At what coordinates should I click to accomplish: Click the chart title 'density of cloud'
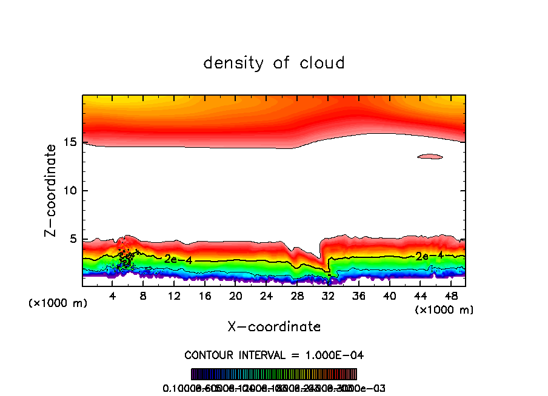click(274, 63)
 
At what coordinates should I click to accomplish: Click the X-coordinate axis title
click(274, 327)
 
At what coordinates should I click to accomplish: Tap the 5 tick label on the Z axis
click(71, 239)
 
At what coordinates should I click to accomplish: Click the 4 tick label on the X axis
click(113, 296)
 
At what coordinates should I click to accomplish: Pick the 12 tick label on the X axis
click(174, 296)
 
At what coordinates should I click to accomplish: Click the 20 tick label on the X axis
click(235, 296)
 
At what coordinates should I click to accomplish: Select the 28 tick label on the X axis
click(297, 296)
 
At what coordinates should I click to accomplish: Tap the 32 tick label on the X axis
click(328, 296)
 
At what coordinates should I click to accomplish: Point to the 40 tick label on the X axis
click(389, 296)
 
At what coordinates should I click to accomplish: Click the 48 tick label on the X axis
click(450, 296)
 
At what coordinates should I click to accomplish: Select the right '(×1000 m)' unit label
click(444, 310)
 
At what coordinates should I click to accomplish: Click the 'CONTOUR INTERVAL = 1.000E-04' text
click(274, 355)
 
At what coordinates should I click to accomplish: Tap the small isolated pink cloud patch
click(430, 157)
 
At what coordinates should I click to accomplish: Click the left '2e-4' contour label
click(178, 259)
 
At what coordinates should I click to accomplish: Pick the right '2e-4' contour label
click(429, 256)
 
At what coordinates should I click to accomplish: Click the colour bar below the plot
click(274, 374)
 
